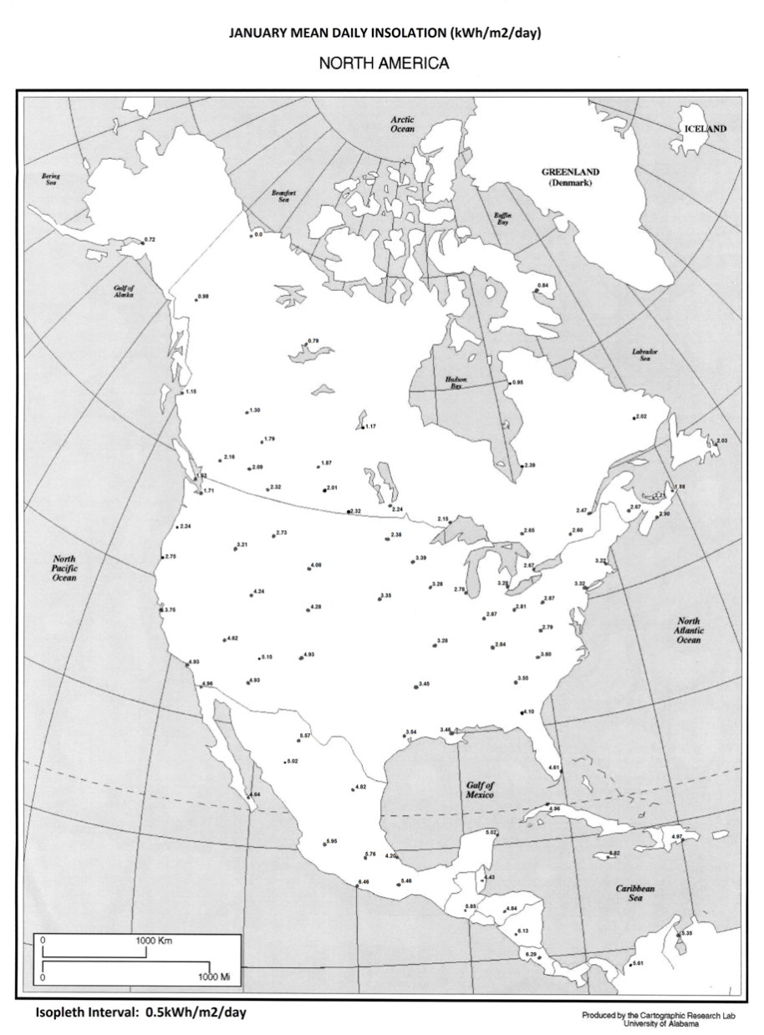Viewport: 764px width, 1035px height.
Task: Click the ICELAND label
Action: pos(705,129)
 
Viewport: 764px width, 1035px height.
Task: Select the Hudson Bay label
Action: pos(456,383)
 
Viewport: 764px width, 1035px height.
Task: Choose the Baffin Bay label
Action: pos(502,220)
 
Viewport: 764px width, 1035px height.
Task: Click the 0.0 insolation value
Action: pos(258,235)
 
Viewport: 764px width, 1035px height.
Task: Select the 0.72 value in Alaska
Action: pos(150,240)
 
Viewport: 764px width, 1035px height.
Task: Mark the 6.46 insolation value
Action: pos(364,882)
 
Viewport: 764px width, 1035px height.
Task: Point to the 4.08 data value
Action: pos(316,566)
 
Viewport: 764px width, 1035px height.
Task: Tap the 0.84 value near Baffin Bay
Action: pos(543,286)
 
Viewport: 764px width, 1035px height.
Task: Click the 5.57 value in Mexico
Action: pos(305,735)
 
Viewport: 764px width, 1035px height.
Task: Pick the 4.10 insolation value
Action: pos(528,711)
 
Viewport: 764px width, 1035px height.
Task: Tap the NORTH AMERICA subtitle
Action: pos(381,63)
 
